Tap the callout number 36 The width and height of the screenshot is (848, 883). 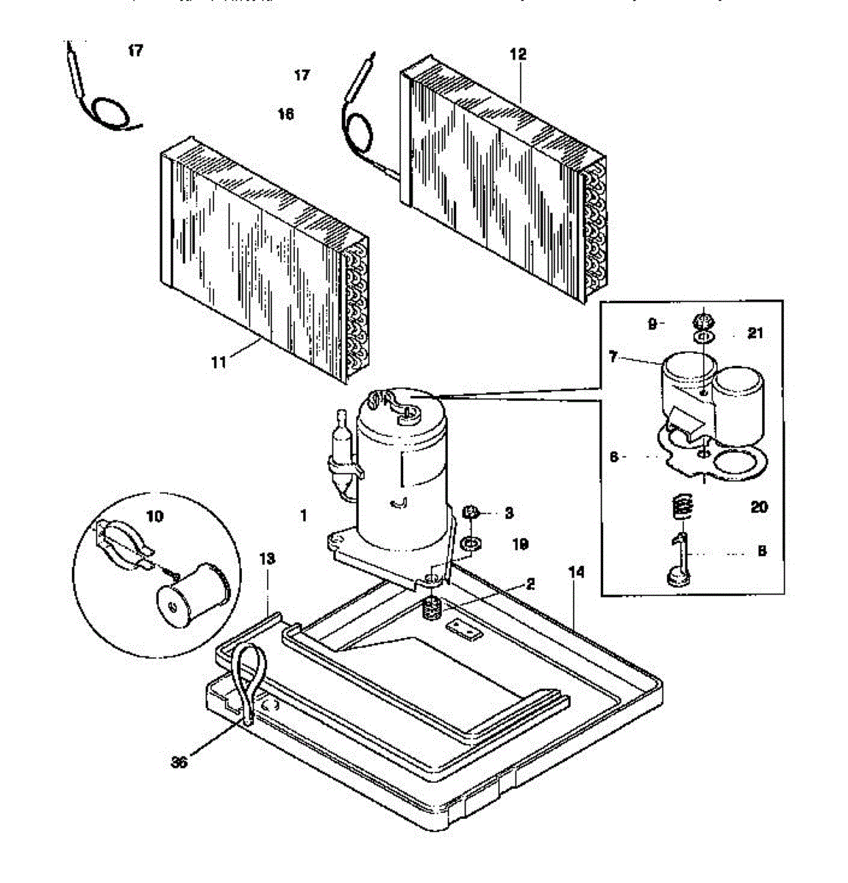179,762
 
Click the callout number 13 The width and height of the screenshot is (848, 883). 267,559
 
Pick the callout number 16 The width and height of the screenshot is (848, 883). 285,114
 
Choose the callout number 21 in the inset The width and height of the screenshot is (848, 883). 755,333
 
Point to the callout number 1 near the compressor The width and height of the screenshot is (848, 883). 303,516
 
